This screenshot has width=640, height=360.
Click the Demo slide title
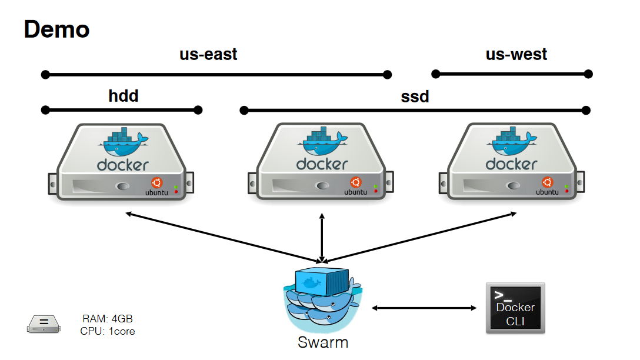coord(56,29)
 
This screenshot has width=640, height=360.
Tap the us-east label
coord(208,55)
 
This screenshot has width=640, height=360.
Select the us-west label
coord(516,55)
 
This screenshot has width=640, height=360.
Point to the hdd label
coord(124,96)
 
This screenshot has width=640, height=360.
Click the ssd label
coord(415,96)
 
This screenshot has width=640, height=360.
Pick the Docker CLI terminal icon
coord(515,308)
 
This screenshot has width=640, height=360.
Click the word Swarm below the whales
coord(322,342)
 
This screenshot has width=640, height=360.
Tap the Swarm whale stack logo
coord(322,300)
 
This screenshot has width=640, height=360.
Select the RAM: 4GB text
coord(108,319)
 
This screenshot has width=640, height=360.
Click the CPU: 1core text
coord(108,331)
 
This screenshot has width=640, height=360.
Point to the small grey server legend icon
coord(44,323)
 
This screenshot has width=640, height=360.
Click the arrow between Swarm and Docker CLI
coord(424,308)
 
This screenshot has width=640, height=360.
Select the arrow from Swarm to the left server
coord(224,236)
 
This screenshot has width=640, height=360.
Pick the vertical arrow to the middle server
coord(322,238)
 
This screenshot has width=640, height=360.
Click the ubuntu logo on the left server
coord(156,183)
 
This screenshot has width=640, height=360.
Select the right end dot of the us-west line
coord(588,74)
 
